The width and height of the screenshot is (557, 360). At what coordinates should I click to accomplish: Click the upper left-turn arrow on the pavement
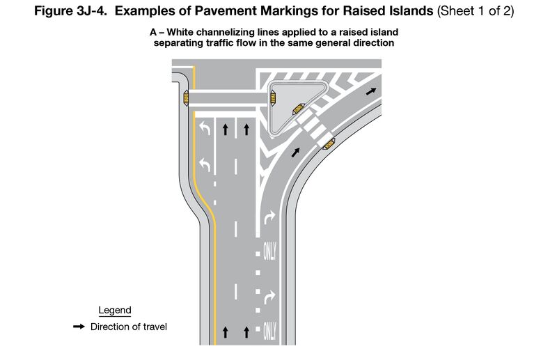point(205,129)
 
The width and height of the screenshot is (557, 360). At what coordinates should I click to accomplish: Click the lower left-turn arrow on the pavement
point(205,165)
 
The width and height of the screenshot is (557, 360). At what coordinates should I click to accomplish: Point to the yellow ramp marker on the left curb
point(186,97)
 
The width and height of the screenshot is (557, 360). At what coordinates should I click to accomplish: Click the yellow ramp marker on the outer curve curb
point(327,143)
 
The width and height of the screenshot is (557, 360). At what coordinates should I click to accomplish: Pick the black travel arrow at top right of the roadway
point(375,91)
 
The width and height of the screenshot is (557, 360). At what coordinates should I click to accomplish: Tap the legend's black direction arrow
point(79,327)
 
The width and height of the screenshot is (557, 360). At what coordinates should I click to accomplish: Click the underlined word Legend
point(115,310)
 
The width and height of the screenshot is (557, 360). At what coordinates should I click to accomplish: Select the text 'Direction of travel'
point(129,327)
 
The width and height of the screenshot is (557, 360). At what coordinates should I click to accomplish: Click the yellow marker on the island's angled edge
point(298,109)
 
